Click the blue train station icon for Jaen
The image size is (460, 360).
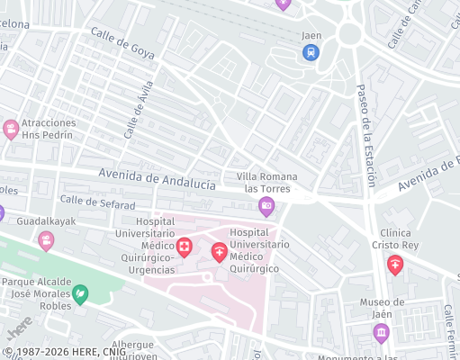point(311,52)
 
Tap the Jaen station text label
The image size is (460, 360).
point(311,36)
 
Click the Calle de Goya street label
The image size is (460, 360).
point(122,43)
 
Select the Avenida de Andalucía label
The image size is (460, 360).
point(158,178)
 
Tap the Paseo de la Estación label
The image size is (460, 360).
point(366,135)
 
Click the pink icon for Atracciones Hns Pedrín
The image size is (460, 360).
point(11,129)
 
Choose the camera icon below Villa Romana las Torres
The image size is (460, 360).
point(266,208)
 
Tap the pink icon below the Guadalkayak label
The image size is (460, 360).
point(46,240)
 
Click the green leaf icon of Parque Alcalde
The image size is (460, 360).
point(80,293)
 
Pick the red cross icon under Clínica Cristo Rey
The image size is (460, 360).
point(394,265)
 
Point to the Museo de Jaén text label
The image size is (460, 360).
point(382,308)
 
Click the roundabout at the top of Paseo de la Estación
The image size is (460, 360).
point(350,33)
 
